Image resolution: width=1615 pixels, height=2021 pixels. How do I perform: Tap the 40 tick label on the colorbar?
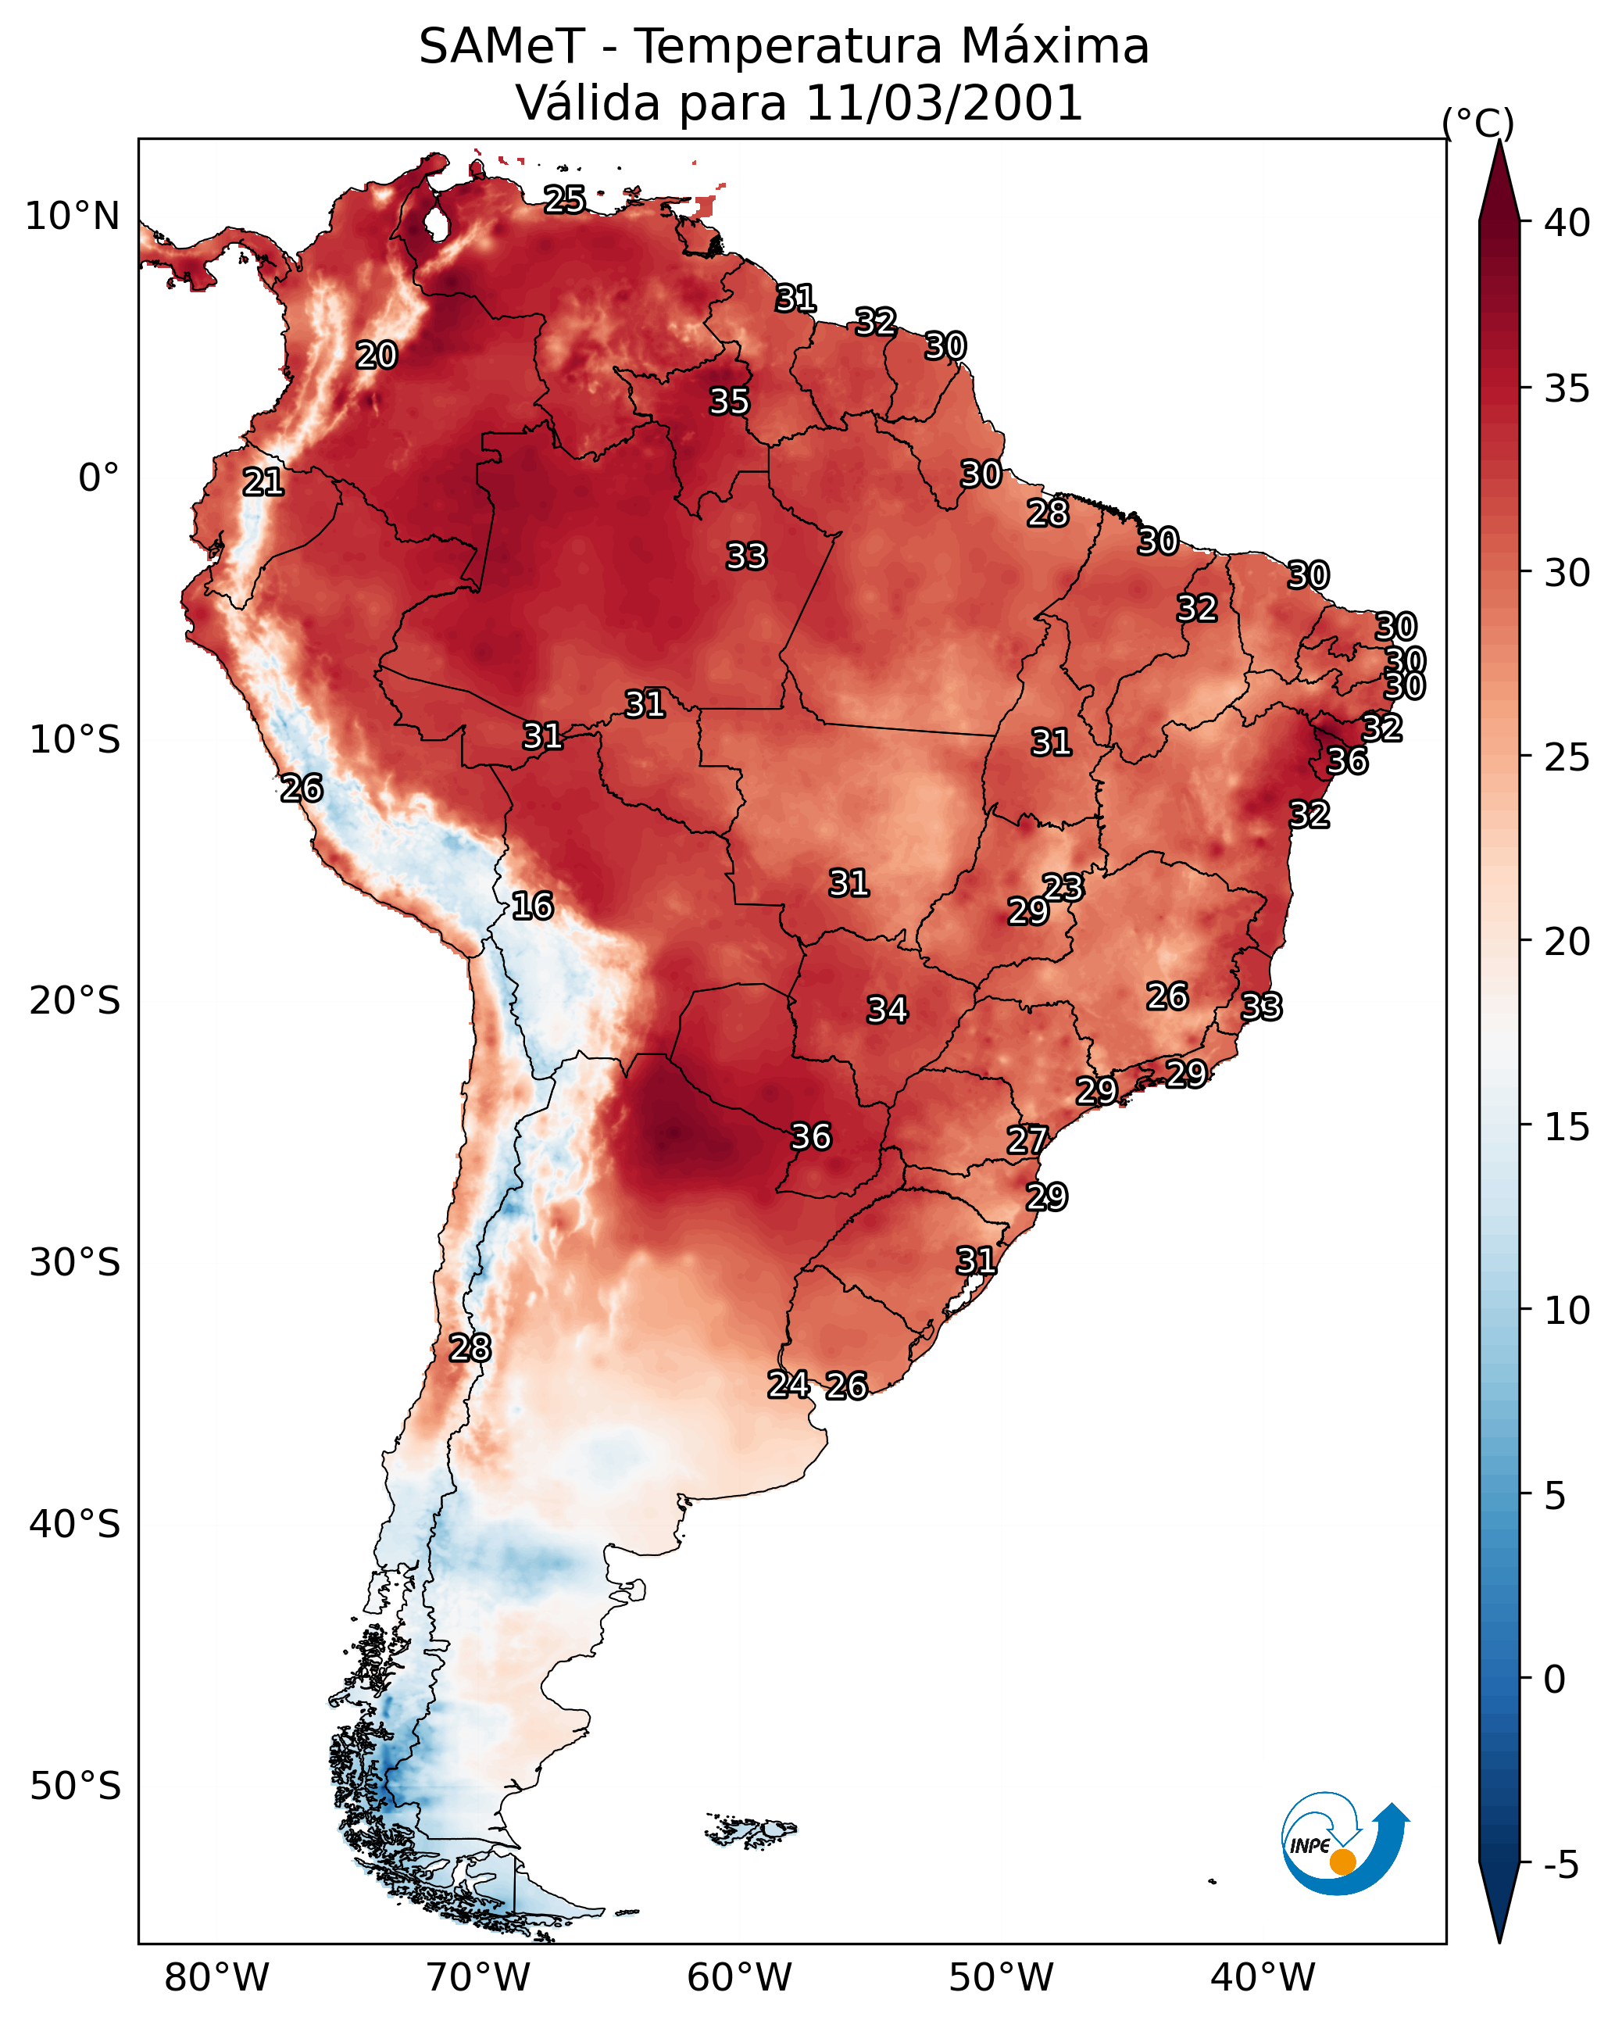pyautogui.click(x=1567, y=223)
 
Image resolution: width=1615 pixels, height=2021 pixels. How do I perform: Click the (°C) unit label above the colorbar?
pyautogui.click(x=1477, y=123)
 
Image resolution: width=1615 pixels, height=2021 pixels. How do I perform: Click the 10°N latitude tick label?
pyautogui.click(x=72, y=216)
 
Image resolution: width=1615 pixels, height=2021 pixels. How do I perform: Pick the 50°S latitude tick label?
pyautogui.click(x=75, y=1787)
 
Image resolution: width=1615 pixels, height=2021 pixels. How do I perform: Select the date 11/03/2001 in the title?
pyautogui.click(x=944, y=103)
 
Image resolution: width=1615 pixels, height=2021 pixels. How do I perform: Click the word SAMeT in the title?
pyautogui.click(x=502, y=47)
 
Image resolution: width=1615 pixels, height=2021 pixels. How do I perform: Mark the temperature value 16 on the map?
pyautogui.click(x=532, y=906)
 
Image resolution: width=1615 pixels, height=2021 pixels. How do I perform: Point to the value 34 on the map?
pyautogui.click(x=887, y=1010)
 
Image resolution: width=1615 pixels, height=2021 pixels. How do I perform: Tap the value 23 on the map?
pyautogui.click(x=1063, y=887)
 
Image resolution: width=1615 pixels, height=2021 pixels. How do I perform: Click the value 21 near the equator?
pyautogui.click(x=263, y=482)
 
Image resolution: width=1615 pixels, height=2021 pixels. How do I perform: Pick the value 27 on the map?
pyautogui.click(x=1027, y=1140)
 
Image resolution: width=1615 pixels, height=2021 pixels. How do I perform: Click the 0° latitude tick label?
pyautogui.click(x=98, y=478)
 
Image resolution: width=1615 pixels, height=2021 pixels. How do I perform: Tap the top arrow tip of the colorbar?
pyautogui.click(x=1499, y=141)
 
